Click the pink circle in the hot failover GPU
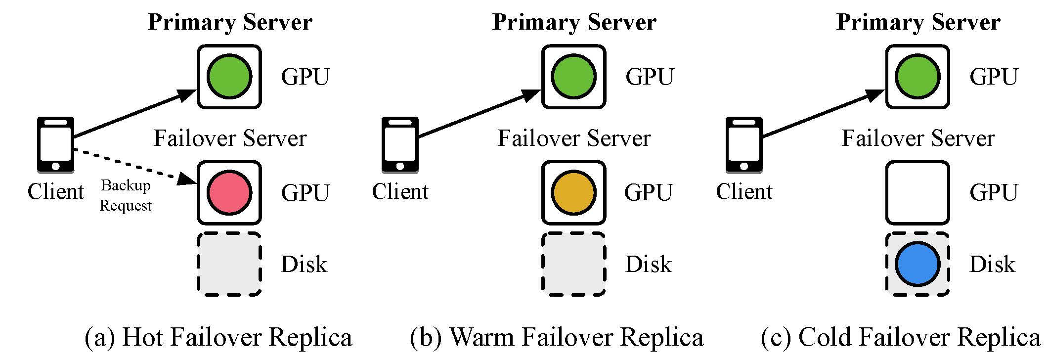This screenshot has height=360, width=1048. (229, 192)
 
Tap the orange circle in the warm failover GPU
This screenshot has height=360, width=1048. (573, 192)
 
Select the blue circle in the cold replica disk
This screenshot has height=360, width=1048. (917, 264)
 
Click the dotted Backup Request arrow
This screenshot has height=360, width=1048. (133, 166)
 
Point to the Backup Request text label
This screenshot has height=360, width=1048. (126, 195)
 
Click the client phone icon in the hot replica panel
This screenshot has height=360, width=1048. (56, 145)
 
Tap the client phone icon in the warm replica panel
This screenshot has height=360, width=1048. (400, 145)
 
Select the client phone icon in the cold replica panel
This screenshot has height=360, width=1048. (744, 145)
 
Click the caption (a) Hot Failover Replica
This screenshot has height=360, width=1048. (218, 338)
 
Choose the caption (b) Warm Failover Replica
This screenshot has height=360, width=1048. (557, 338)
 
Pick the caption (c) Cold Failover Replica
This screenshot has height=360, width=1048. (901, 338)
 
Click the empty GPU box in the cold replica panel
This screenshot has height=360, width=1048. (917, 192)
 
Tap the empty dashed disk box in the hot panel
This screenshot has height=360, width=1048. (229, 264)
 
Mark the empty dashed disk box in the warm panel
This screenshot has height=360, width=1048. (573, 264)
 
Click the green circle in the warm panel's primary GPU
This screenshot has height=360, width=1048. (573, 77)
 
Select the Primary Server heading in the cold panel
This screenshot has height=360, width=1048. (918, 23)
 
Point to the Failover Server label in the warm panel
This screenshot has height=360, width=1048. (574, 138)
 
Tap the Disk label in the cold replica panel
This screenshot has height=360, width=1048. (992, 265)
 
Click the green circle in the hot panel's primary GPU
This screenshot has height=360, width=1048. (229, 77)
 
